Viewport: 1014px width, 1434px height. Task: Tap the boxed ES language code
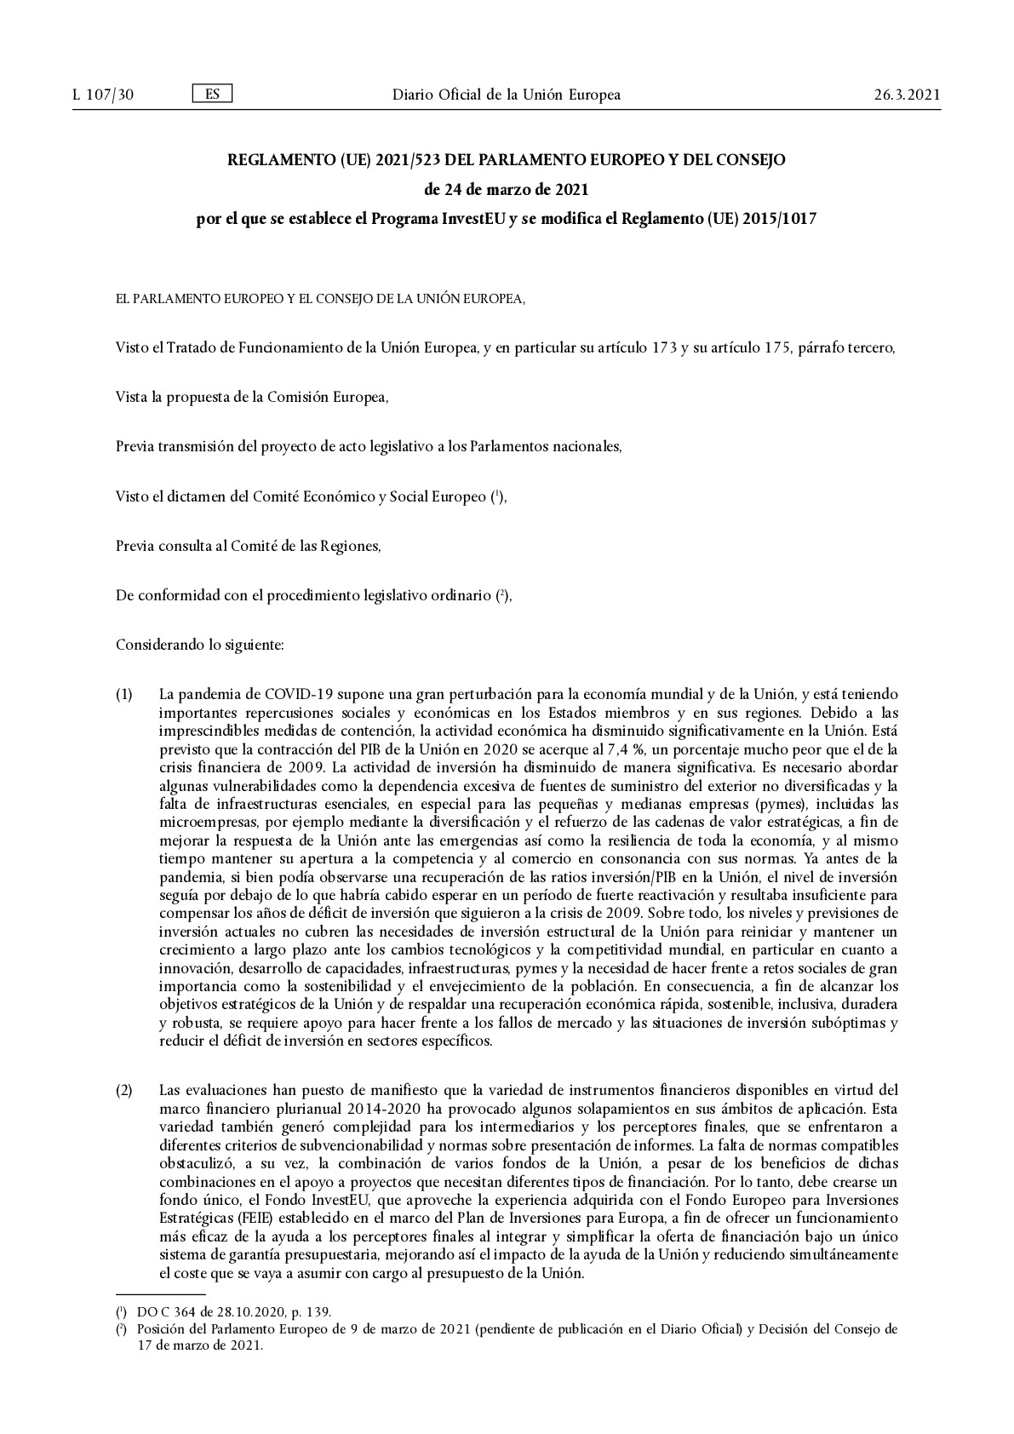point(212,94)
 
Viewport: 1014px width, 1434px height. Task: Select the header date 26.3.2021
point(907,95)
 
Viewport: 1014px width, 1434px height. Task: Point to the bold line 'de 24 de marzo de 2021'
point(506,189)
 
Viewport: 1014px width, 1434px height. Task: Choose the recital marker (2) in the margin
point(124,1090)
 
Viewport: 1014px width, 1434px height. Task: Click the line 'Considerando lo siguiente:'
point(199,645)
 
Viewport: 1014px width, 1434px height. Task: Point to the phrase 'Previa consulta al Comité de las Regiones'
point(248,546)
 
